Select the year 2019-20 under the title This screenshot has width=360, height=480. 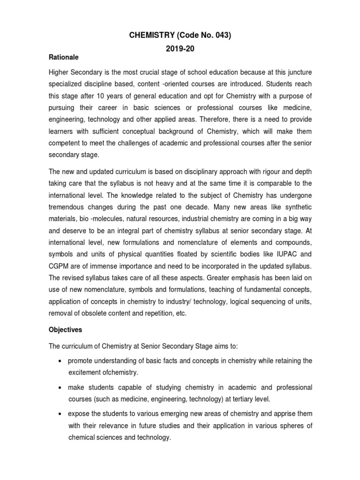click(180, 49)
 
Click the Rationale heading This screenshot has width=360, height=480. click(64, 57)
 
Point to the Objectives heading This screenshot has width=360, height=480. click(66, 330)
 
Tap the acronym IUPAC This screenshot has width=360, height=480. click(284, 255)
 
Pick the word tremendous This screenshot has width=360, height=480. click(69, 206)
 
